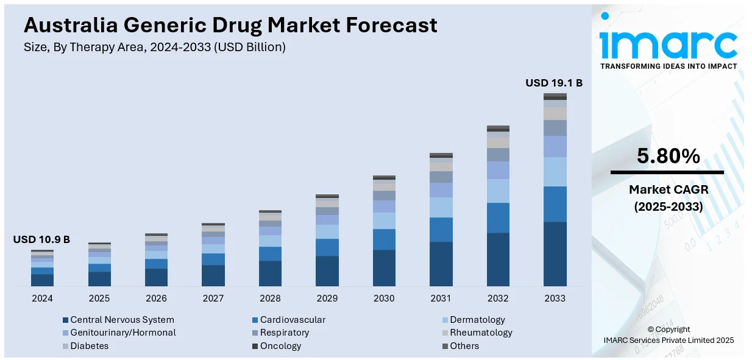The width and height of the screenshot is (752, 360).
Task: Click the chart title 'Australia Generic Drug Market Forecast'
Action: tap(230, 25)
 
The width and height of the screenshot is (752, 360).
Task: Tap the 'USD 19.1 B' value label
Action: tap(554, 83)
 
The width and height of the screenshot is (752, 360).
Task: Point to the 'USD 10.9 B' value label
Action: tap(41, 240)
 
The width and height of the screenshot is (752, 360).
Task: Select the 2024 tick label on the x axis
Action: tap(42, 298)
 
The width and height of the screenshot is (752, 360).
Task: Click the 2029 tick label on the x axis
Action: tap(327, 298)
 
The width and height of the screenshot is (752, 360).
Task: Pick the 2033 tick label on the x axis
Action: tap(555, 298)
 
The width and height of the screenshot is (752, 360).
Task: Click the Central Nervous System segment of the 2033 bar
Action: tap(555, 254)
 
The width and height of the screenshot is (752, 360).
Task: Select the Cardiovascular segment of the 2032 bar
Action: tap(498, 217)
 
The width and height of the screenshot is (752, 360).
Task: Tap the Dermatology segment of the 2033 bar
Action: tap(555, 172)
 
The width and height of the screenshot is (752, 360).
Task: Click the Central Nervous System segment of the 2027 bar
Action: tap(213, 275)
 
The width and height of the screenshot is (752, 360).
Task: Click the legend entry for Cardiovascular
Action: tap(289, 320)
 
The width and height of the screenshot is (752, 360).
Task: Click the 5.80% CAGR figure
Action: tap(669, 157)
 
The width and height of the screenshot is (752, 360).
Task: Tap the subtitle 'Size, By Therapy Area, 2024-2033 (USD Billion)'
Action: tap(155, 47)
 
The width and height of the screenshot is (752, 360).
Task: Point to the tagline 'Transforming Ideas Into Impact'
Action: tap(669, 66)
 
